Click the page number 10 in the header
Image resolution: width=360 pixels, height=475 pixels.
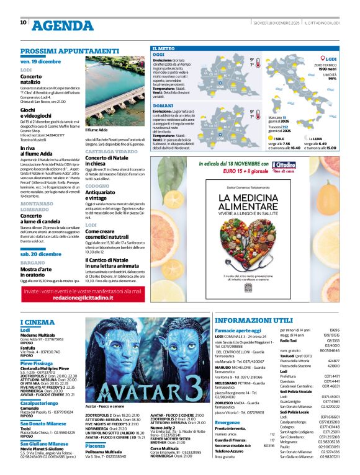(23, 22)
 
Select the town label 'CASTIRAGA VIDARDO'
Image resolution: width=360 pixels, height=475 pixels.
(111, 151)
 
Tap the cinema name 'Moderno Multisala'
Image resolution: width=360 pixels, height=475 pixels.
(38, 335)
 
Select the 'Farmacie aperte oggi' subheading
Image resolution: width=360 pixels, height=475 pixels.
(238, 331)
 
